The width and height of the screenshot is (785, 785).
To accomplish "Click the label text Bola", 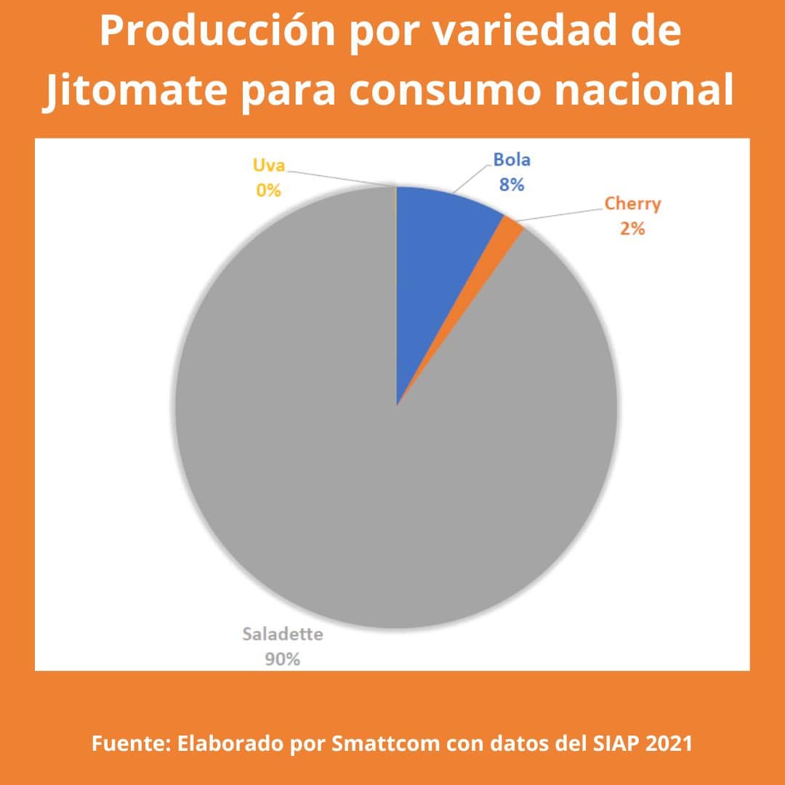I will coord(512,160).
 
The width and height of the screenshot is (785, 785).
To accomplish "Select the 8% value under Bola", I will coord(512,185).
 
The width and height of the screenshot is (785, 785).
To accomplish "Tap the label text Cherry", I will coord(632,203).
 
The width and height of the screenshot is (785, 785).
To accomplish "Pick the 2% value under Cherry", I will coord(632,228).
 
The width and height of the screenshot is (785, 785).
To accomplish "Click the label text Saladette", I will coord(283,634).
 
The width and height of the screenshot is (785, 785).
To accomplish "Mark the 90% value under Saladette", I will coord(283,659).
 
